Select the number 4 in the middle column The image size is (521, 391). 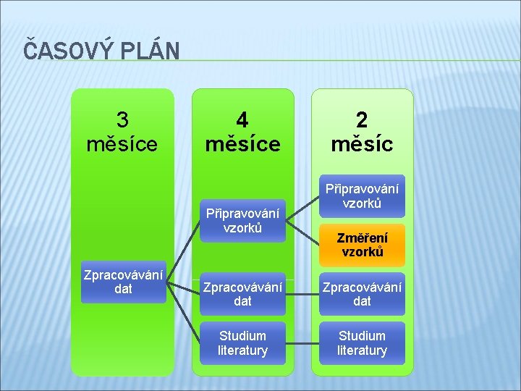[242, 119]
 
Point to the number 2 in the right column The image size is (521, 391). [362, 119]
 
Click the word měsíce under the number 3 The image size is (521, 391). [122, 143]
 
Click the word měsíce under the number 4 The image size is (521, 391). [242, 143]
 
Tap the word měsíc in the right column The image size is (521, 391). [362, 143]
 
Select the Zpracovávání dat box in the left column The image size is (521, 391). [123, 282]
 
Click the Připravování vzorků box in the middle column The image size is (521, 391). [242, 221]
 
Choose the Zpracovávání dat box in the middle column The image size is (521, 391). [242, 293]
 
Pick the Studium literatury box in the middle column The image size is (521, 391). [242, 343]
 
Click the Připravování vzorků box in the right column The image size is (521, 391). [362, 195]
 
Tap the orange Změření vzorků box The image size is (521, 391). [362, 245]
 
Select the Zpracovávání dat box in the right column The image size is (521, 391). [362, 293]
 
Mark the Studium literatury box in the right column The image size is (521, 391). [362, 343]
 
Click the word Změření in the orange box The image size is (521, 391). [362, 237]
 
